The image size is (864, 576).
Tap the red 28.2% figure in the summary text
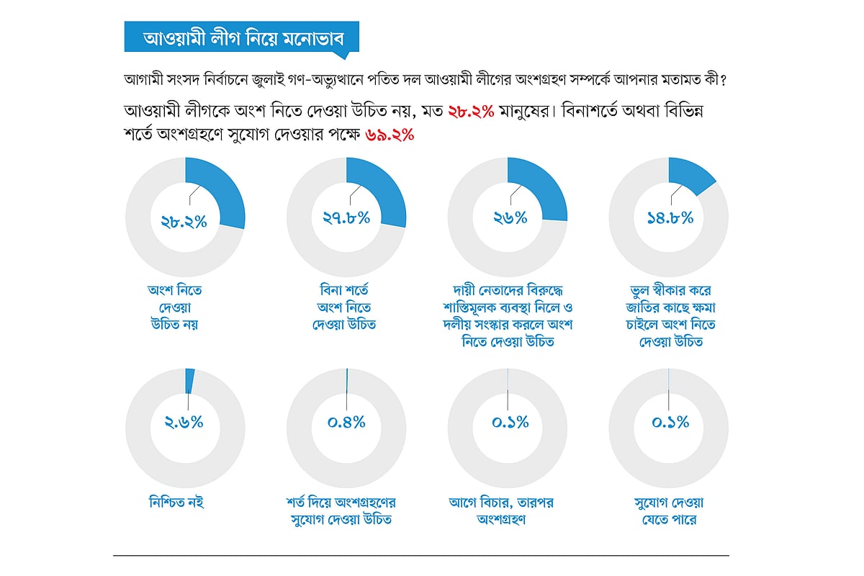point(470,112)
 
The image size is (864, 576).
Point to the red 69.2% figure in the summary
point(390,135)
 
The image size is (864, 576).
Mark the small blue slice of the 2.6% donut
point(189,379)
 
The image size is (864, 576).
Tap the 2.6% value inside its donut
point(184,423)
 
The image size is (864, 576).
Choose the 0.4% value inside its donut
point(346,423)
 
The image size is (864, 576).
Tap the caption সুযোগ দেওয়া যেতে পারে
point(668,510)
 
